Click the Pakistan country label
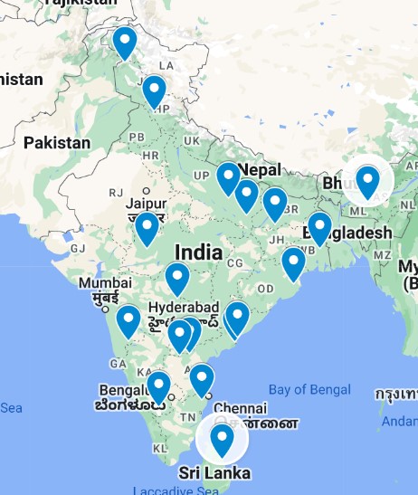click(x=57, y=142)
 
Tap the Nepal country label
click(x=261, y=169)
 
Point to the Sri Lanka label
click(x=214, y=473)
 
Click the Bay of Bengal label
click(x=309, y=389)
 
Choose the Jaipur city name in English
click(x=146, y=204)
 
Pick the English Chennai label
click(x=242, y=408)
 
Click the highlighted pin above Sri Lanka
click(x=222, y=440)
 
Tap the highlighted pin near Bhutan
click(x=367, y=181)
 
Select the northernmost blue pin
click(x=124, y=42)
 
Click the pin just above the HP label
click(x=155, y=90)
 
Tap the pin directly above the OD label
click(x=293, y=263)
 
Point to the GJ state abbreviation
click(x=78, y=248)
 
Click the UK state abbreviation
click(x=192, y=141)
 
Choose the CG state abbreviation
click(x=236, y=262)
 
